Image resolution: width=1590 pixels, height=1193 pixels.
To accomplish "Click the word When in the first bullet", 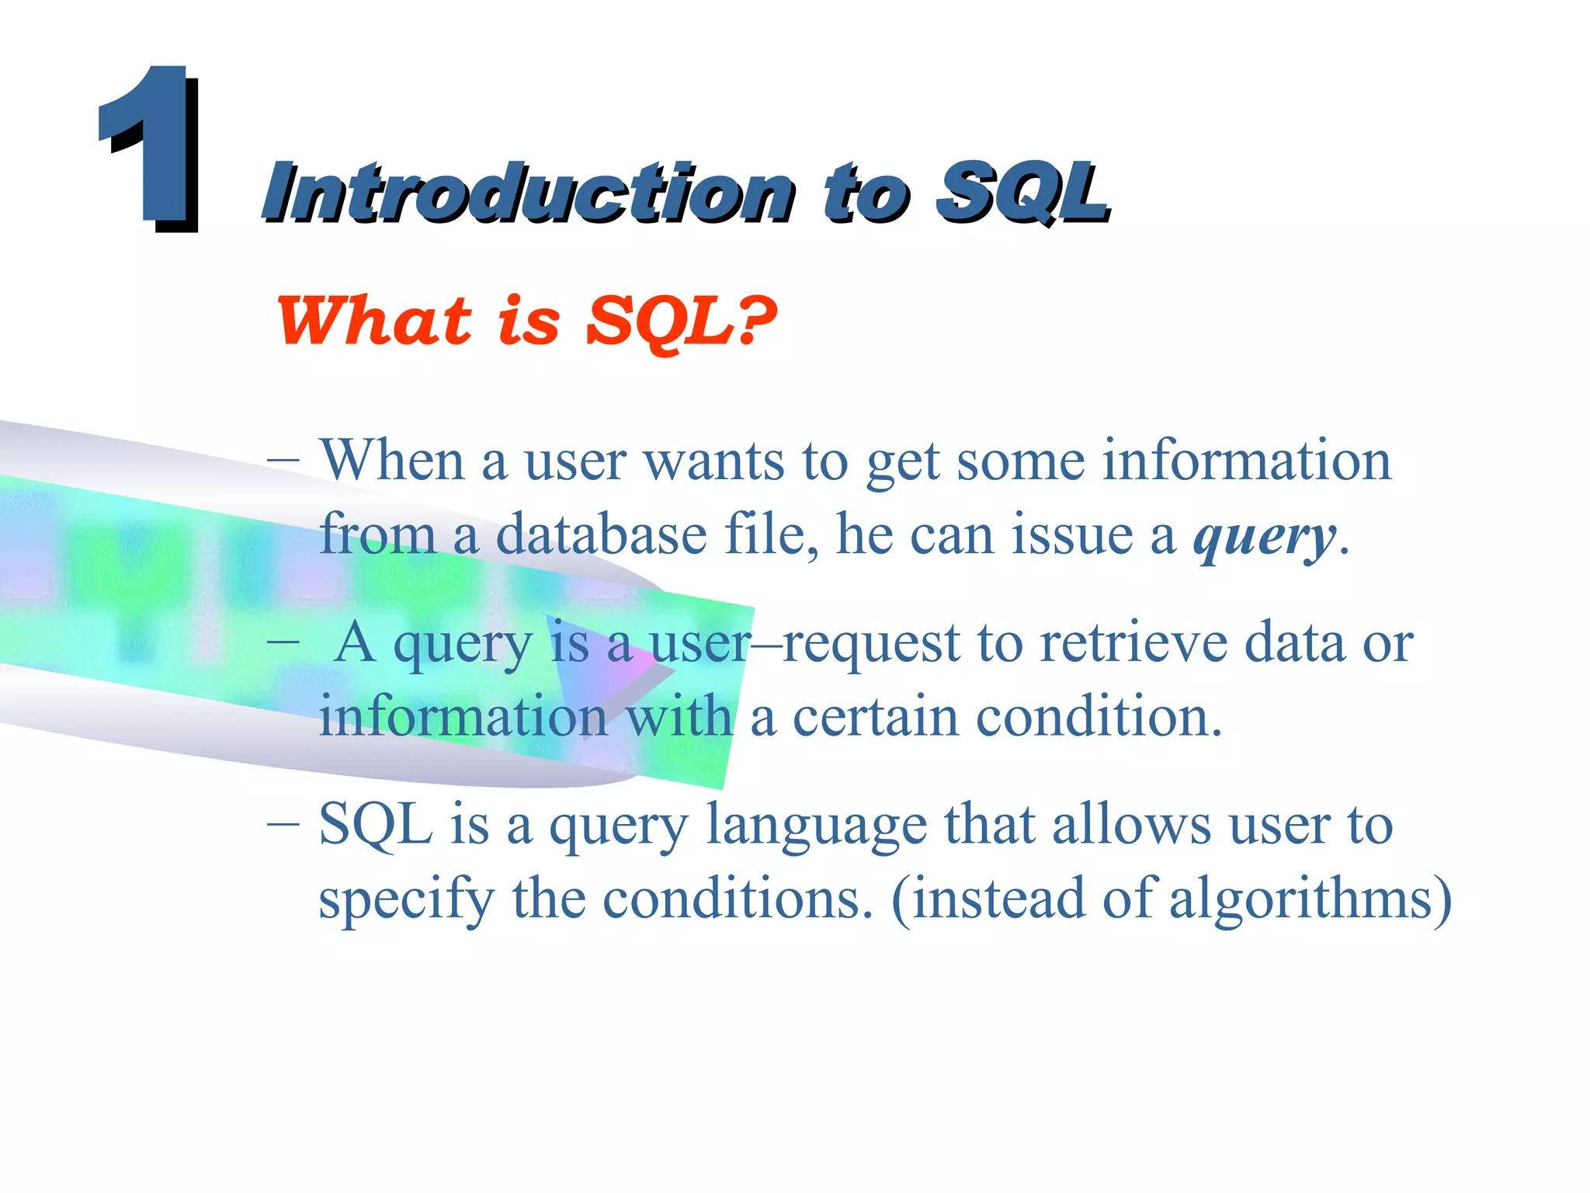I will pyautogui.click(x=392, y=461).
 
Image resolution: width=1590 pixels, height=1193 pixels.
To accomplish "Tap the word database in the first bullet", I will pyautogui.click(x=601, y=535).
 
